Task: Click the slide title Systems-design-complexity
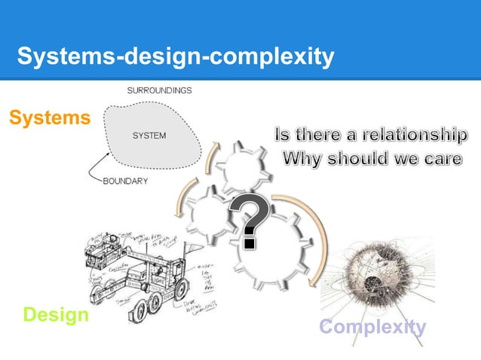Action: (x=175, y=57)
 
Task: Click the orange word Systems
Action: (x=49, y=118)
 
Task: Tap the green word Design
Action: (x=55, y=315)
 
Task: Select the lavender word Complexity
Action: (x=372, y=327)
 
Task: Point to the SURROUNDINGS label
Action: (x=158, y=90)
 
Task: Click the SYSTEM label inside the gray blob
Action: (x=149, y=136)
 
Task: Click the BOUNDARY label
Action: (x=125, y=182)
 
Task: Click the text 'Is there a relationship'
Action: (x=369, y=136)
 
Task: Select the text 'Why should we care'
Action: (x=372, y=160)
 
